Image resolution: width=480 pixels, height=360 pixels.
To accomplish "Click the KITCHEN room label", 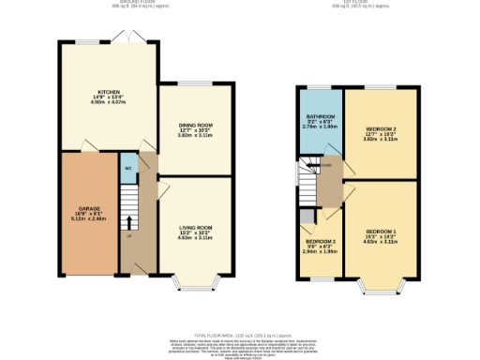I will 106,91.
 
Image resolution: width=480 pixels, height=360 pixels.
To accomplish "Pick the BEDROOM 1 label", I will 381,231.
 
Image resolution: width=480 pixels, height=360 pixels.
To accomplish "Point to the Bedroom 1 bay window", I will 382,282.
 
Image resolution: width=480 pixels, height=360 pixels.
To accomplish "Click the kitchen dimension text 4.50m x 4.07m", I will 106,101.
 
